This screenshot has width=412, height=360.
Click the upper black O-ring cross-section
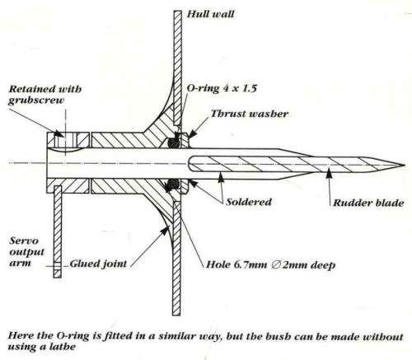pyautogui.click(x=174, y=142)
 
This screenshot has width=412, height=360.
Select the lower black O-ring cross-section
pyautogui.click(x=174, y=183)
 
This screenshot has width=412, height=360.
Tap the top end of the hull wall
pyautogui.click(x=176, y=10)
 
